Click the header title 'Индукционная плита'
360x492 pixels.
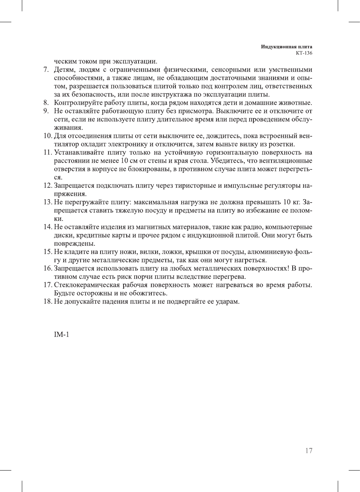[287, 47]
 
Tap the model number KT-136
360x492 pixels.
[304, 53]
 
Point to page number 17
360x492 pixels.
[308, 451]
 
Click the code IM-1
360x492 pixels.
[61, 335]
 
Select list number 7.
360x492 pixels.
[46, 70]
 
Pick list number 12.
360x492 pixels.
[47, 186]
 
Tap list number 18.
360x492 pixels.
[47, 302]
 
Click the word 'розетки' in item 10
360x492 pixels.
[282, 144]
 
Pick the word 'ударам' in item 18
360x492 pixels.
[227, 302]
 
